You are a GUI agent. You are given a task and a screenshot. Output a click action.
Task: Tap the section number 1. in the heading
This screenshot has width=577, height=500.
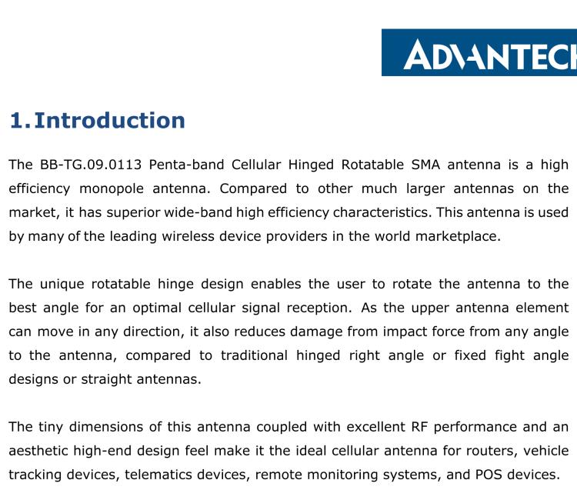click(20, 121)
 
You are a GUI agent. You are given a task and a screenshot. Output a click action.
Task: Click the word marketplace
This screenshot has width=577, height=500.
click(459, 236)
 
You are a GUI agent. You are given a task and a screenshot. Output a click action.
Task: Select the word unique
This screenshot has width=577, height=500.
click(69, 283)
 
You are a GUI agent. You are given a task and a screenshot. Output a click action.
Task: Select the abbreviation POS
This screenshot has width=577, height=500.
click(488, 474)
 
